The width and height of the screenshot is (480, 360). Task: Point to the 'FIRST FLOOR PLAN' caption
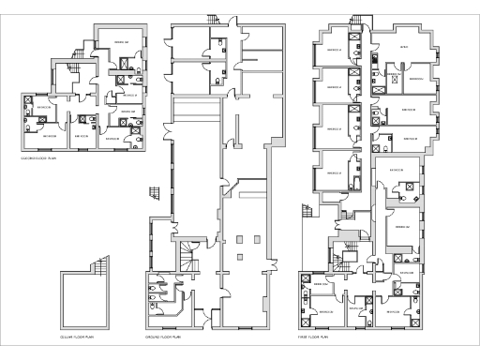point(314,335)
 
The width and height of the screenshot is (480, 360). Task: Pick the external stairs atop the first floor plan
point(357,21)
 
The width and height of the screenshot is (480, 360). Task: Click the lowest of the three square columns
point(240,255)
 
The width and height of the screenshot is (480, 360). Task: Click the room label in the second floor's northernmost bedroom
point(122,42)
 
